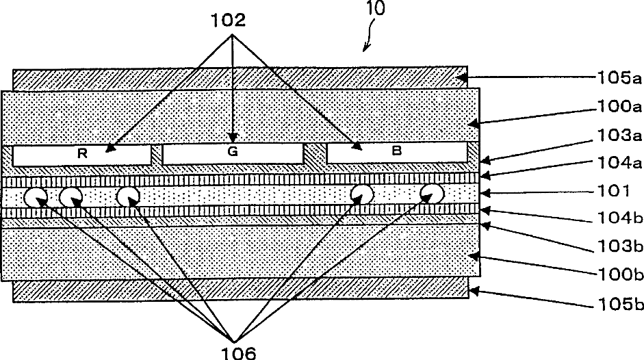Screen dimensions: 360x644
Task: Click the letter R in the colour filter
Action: pos(82,154)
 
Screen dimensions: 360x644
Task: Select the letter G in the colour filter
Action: pos(232,153)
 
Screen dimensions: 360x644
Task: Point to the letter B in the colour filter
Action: pos(396,151)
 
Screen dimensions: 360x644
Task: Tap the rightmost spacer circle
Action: pos(432,193)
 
